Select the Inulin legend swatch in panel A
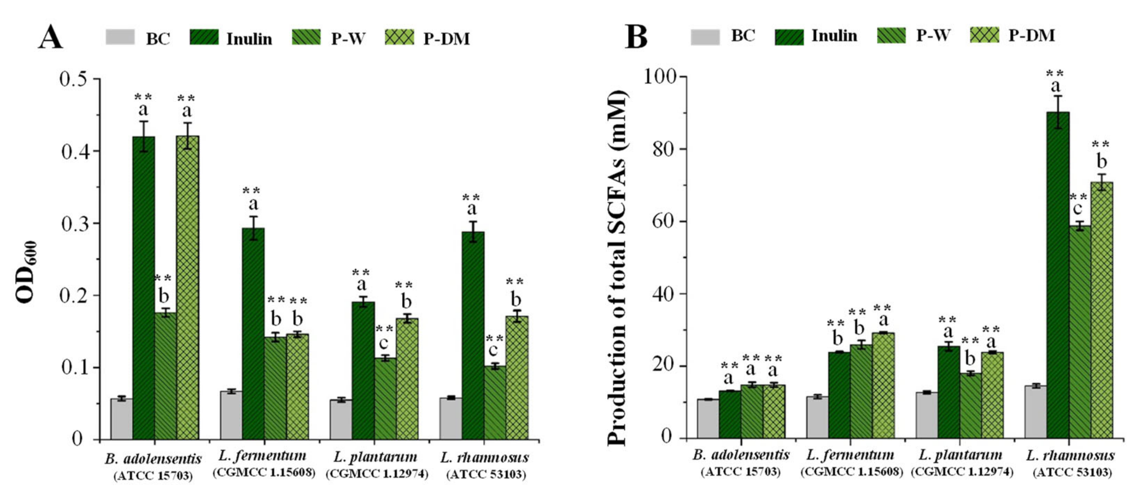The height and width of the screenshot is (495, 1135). click(204, 38)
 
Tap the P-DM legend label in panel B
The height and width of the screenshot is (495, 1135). click(1031, 35)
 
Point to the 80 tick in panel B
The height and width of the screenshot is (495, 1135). click(664, 149)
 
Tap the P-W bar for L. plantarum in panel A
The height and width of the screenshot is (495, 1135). click(385, 398)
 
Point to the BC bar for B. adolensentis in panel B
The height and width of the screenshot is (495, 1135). click(708, 418)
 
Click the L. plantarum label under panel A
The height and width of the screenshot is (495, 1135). click(376, 457)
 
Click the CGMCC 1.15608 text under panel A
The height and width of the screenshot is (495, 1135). click(264, 473)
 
